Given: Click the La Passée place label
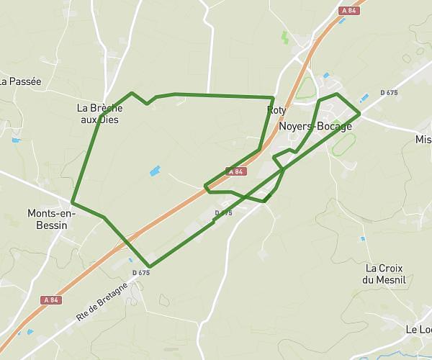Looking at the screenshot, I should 20,81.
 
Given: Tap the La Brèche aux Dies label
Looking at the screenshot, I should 99,114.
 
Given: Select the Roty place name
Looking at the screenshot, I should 276,110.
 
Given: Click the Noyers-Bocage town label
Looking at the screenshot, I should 315,126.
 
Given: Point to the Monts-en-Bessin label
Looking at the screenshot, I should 47,219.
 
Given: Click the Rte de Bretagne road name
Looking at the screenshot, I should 102,301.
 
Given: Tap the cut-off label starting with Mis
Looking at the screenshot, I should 423,139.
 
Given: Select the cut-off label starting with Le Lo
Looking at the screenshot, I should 418,329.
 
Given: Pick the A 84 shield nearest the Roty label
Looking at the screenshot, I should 236,171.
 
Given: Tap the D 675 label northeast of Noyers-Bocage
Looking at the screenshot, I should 388,92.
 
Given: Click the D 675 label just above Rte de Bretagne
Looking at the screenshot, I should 141,272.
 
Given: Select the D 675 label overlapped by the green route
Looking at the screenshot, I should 224,213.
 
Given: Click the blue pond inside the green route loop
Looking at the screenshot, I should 154,171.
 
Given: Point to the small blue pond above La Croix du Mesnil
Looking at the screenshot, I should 362,239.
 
